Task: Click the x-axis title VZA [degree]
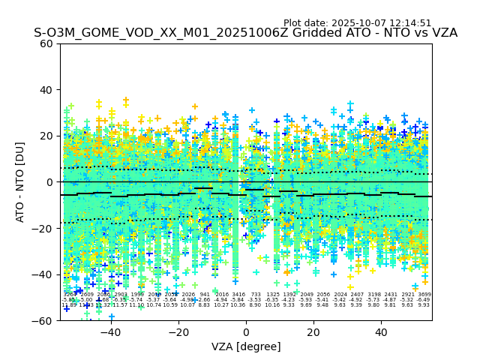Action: pos(246,346)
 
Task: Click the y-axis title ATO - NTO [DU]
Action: pos(21,181)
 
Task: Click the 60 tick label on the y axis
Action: pos(46,43)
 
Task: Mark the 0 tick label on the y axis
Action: pos(49,181)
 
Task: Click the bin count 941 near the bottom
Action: pos(205,295)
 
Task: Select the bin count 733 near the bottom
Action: pos(256,295)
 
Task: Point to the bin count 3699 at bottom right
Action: pos(424,295)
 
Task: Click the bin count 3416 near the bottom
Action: pos(238,295)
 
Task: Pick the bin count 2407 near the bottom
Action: pos(357,295)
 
